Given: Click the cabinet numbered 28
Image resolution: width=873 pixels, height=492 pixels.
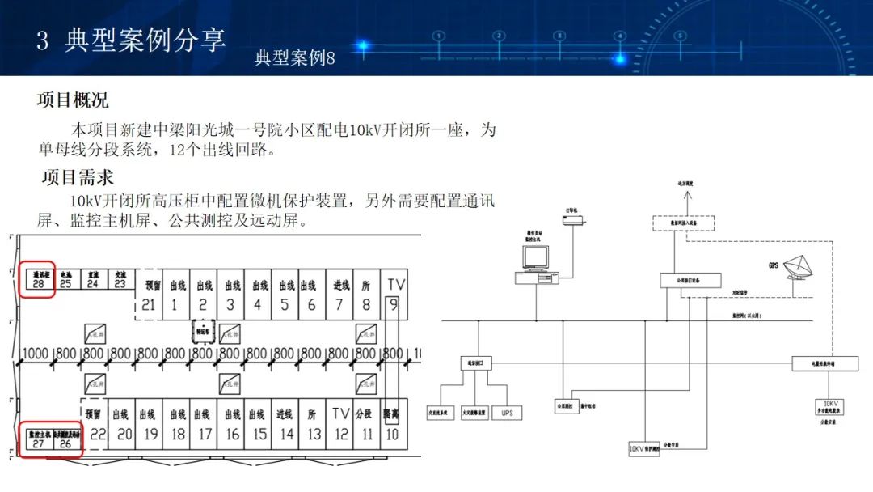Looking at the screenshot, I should (37, 279).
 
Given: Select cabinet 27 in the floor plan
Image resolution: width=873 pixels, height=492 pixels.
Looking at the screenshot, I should (38, 439).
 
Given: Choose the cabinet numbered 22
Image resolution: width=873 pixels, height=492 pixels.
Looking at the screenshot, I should (97, 433).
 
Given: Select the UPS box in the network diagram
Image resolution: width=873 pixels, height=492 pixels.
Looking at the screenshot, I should (507, 413).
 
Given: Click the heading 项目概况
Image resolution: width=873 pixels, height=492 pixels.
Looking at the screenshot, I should (73, 101).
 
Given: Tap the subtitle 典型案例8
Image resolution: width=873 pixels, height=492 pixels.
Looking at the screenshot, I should (294, 58).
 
